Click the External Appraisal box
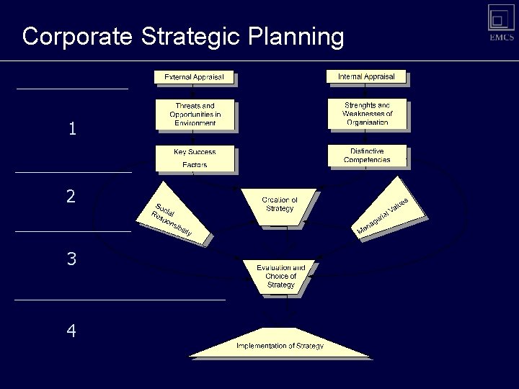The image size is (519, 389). pyautogui.click(x=195, y=77)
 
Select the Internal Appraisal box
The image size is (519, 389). pyautogui.click(x=367, y=76)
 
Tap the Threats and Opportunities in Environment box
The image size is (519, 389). pyautogui.click(x=195, y=114)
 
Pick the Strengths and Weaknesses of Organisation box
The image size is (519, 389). pyautogui.click(x=367, y=114)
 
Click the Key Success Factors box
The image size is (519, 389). pyautogui.click(x=195, y=158)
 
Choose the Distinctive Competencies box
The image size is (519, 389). pyautogui.click(x=367, y=155)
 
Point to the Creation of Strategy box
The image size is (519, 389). pyautogui.click(x=279, y=205)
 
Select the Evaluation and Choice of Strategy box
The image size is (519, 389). pyautogui.click(x=280, y=276)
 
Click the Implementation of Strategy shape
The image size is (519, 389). pyautogui.click(x=280, y=346)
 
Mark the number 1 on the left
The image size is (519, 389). pyautogui.click(x=71, y=130)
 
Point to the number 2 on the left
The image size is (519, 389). pyautogui.click(x=71, y=196)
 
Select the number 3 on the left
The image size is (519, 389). pyautogui.click(x=71, y=259)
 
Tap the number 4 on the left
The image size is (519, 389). pyautogui.click(x=71, y=331)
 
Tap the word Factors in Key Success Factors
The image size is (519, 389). pyautogui.click(x=194, y=165)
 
